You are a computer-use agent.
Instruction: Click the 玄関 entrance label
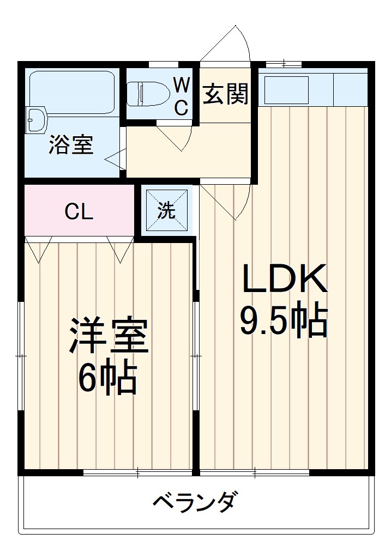[226, 95]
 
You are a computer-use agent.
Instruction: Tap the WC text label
[182, 96]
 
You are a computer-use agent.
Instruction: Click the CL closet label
[79, 211]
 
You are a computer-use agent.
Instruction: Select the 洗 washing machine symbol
[167, 210]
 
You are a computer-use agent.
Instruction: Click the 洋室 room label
[108, 336]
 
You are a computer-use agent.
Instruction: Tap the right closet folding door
[120, 248]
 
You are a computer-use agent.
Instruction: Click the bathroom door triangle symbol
[115, 160]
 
